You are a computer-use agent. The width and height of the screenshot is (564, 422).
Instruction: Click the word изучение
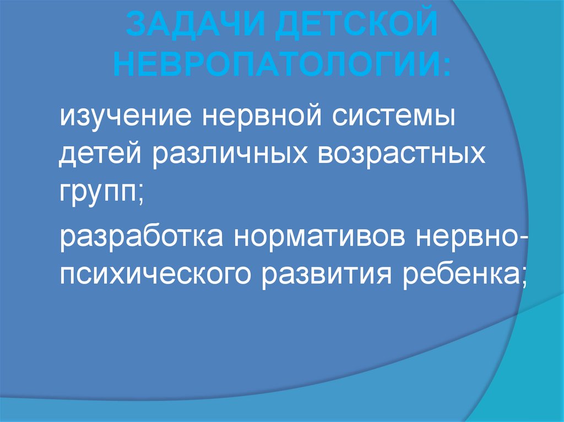(124, 118)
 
